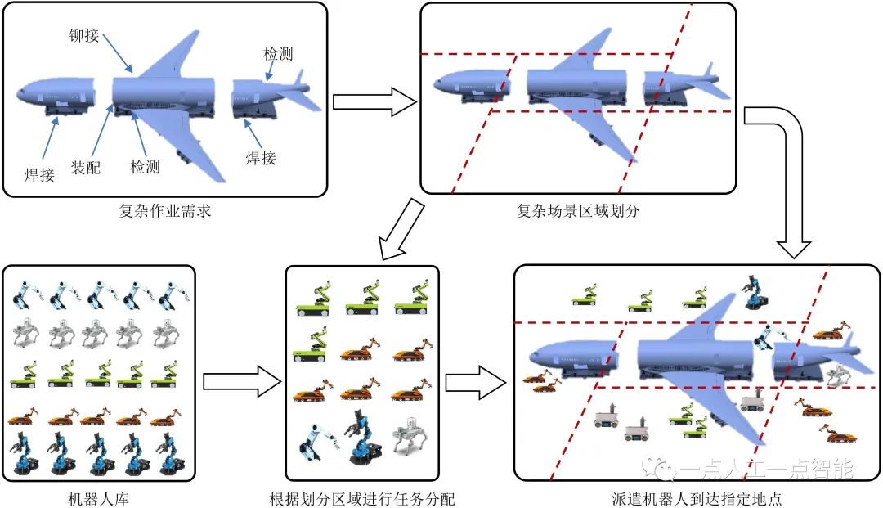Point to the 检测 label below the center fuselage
145,167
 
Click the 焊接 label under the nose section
39,173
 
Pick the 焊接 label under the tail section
261,157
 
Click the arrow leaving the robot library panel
238,381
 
